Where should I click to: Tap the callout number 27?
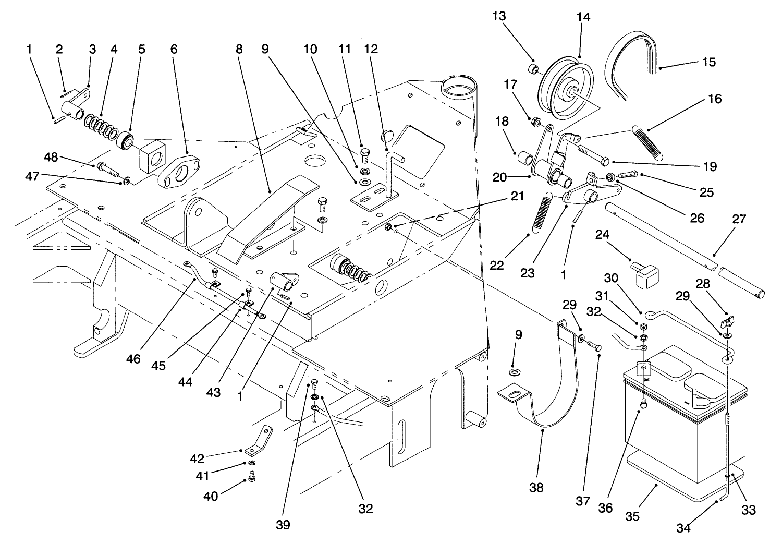point(739,219)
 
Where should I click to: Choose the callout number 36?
point(605,508)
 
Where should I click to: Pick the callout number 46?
point(133,360)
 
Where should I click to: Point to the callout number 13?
point(499,16)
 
